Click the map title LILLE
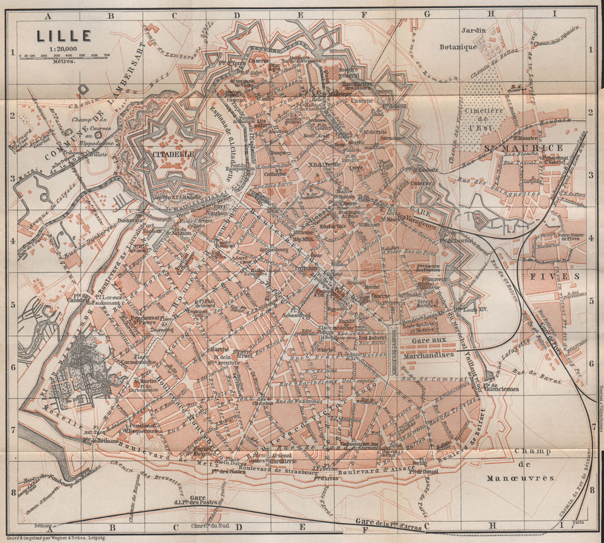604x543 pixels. [63, 36]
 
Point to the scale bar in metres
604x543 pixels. [63, 56]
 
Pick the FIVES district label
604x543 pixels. [547, 275]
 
